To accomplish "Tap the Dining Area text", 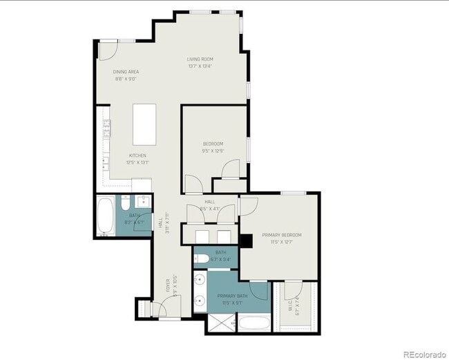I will click(126, 72).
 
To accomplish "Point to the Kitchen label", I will click(137, 155).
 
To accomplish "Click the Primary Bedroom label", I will click(281, 235).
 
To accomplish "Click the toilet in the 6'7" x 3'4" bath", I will click(200, 259).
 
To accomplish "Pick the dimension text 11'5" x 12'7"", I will click(281, 242).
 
